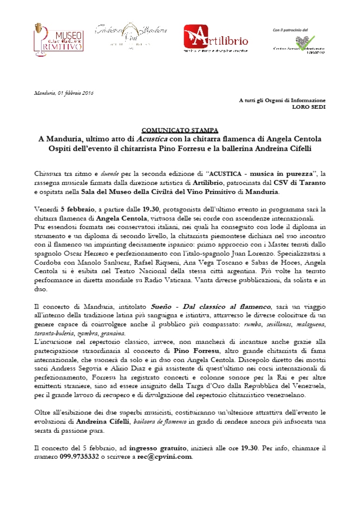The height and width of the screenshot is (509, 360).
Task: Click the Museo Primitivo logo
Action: [58, 40]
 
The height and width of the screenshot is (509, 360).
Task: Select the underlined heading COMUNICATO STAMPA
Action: [180, 130]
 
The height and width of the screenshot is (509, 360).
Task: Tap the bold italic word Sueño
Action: [163, 307]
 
